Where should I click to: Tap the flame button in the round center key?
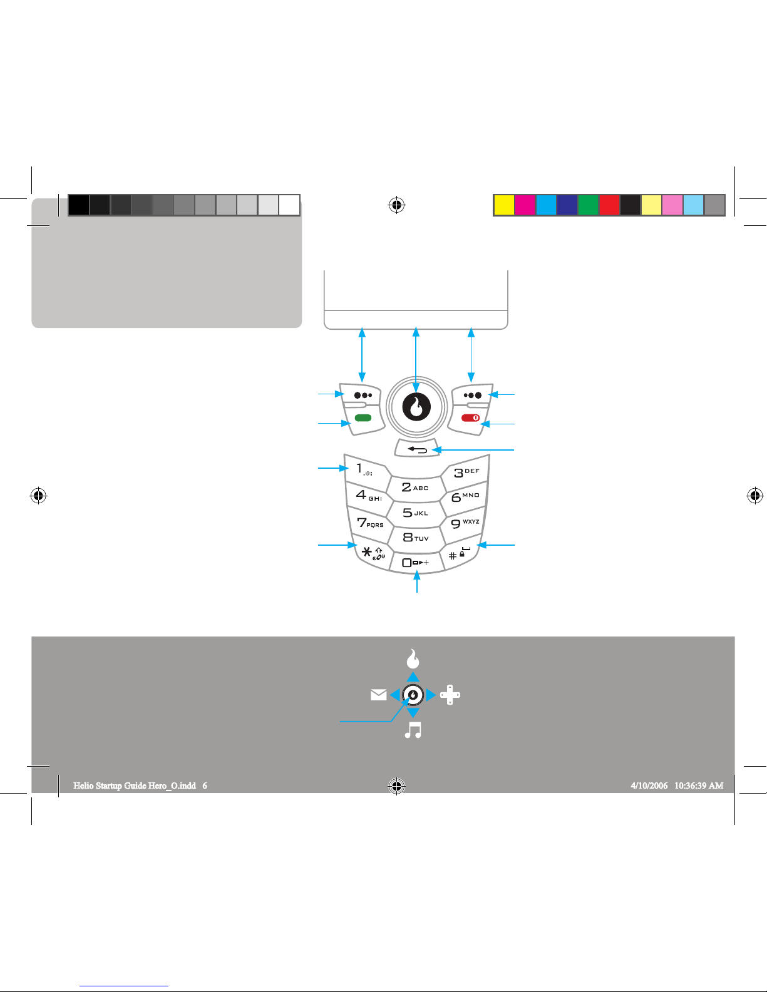pos(416,406)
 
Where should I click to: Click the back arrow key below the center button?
pos(417,449)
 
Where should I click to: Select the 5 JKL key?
pos(416,513)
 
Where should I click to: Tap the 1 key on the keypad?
pos(366,470)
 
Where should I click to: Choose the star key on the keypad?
pos(372,553)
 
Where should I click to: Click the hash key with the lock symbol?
pos(460,554)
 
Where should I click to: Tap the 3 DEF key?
pos(465,473)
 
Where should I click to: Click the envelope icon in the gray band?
pos(378,694)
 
